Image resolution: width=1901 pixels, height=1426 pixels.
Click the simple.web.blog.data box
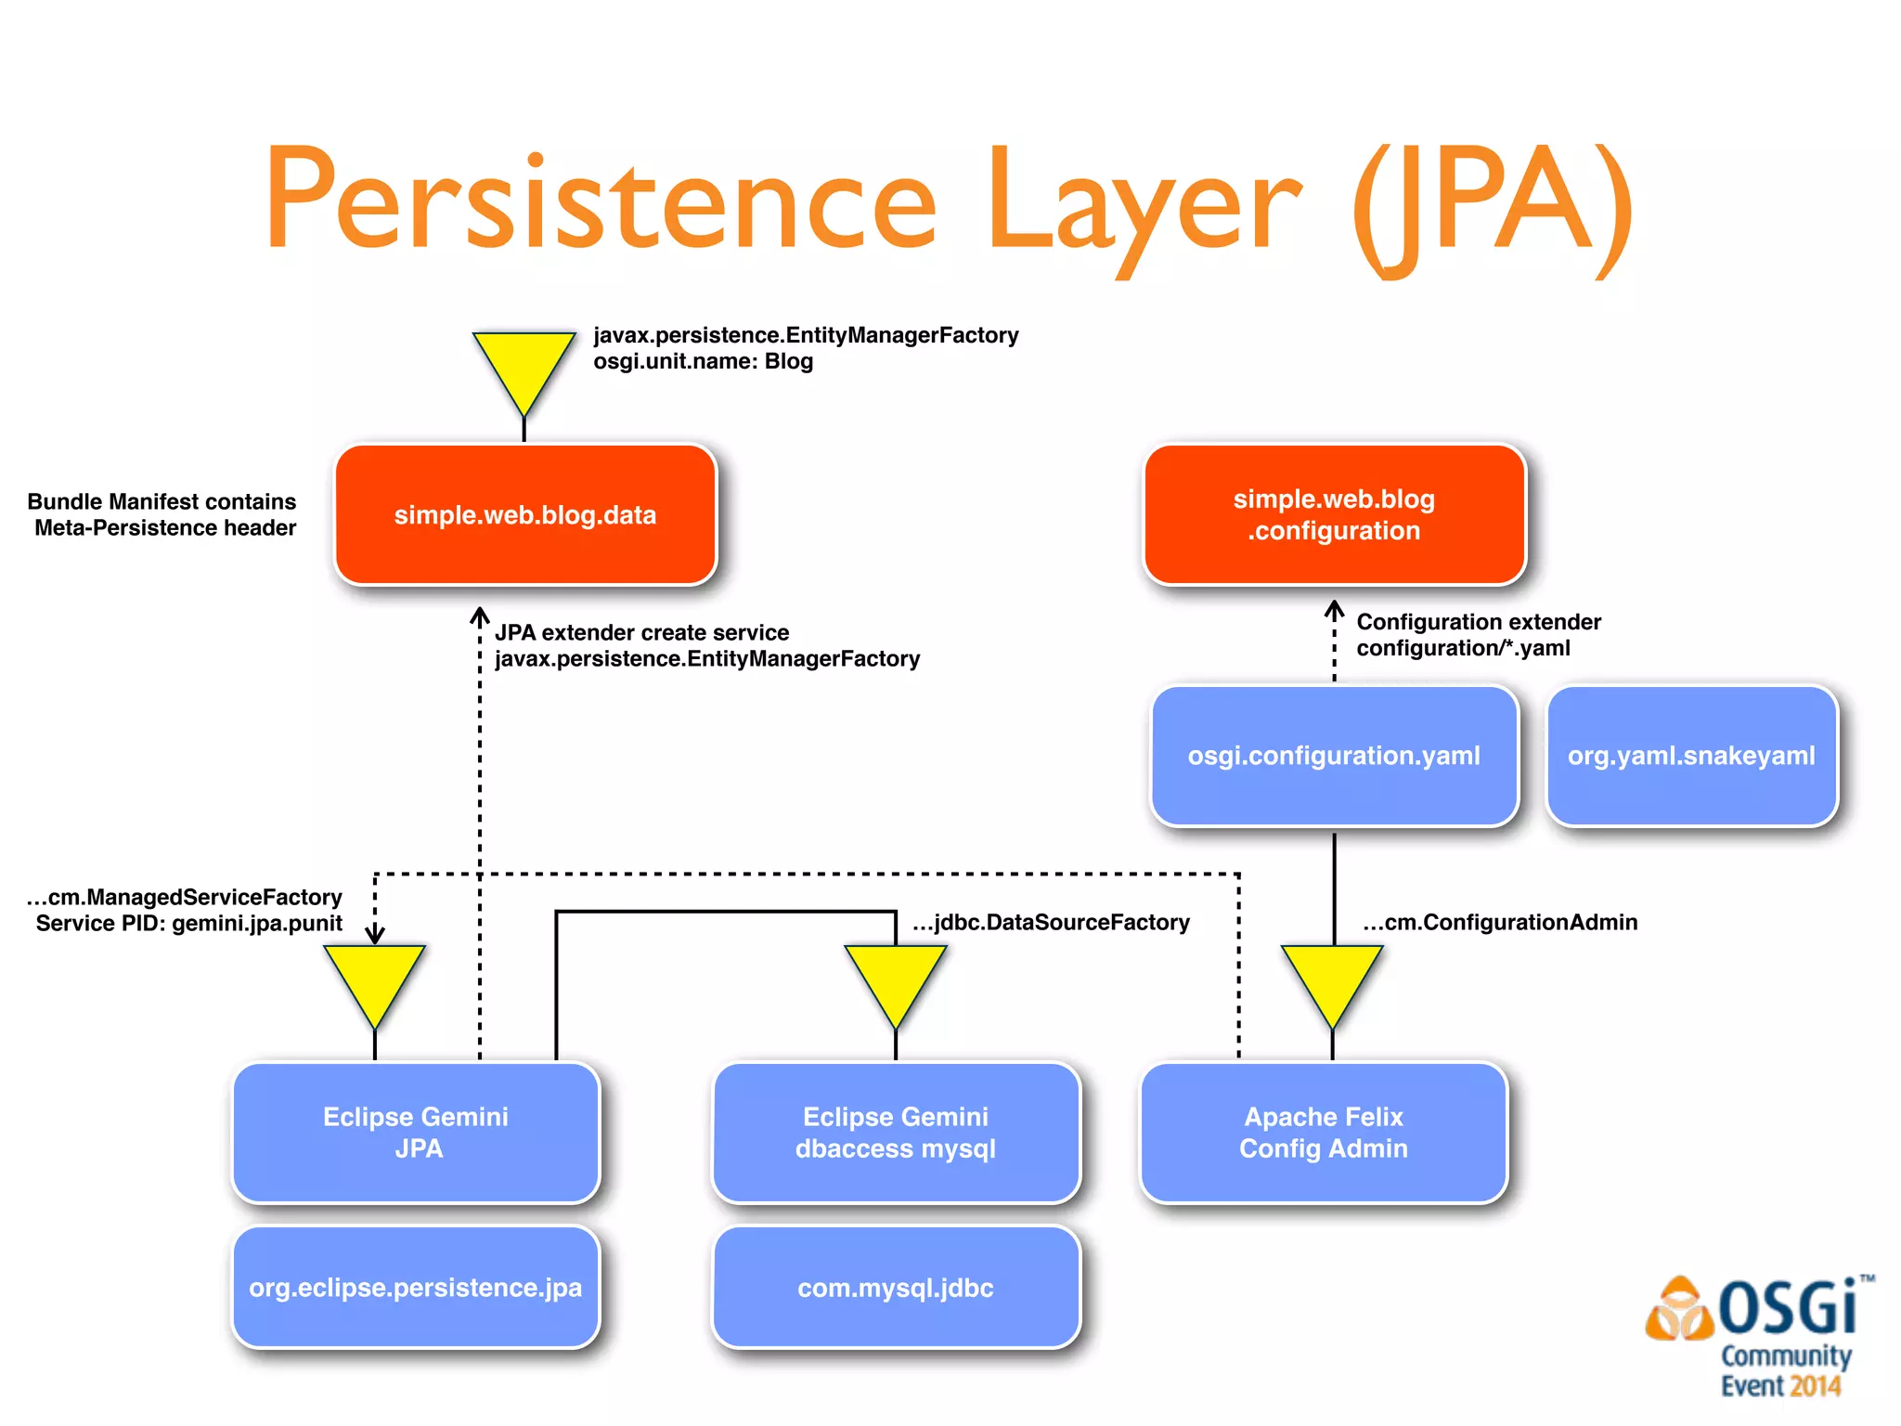click(525, 515)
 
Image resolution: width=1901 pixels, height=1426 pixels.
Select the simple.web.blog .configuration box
click(1334, 515)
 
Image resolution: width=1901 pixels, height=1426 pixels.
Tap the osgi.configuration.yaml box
click(1334, 756)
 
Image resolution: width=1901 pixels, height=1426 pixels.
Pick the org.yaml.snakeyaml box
click(1691, 756)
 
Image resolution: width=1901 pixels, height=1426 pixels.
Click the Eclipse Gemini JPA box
click(416, 1133)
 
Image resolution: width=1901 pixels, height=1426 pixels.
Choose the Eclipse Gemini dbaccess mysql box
click(896, 1133)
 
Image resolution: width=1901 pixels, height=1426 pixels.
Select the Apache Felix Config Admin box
click(1324, 1133)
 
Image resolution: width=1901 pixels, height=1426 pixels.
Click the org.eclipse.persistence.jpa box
click(416, 1288)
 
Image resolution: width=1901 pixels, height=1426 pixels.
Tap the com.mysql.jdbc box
click(896, 1288)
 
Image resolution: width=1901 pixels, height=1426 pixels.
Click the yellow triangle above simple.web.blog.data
click(524, 365)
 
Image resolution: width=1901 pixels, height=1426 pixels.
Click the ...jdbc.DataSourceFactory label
click(1051, 922)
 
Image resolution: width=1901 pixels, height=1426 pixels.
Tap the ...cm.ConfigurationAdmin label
click(1500, 922)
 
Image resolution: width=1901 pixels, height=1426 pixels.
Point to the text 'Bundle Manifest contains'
click(162, 501)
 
